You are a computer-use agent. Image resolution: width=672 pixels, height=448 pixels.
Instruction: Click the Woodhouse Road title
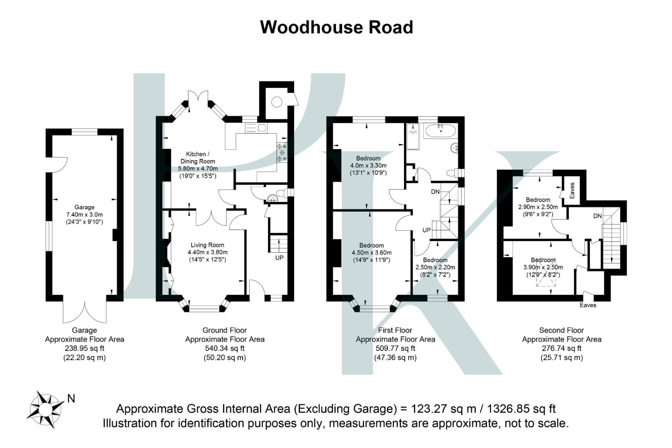pos(336,27)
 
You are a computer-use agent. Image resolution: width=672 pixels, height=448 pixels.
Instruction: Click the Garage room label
pos(84,207)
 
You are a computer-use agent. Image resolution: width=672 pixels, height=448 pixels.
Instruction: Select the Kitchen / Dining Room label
pos(197,158)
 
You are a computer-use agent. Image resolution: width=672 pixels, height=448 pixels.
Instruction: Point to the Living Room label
pos(207,245)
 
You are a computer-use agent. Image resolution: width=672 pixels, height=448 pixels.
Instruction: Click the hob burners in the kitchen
pos(282,152)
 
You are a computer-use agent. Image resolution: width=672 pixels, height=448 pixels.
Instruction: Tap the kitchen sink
pos(261,128)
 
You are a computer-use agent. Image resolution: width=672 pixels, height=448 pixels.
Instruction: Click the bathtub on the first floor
pos(440,132)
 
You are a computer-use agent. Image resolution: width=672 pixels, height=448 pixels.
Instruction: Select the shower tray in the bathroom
pos(413,136)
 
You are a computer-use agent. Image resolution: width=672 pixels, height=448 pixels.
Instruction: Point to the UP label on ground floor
pos(280,258)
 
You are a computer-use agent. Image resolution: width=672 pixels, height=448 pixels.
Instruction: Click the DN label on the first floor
pos(435,192)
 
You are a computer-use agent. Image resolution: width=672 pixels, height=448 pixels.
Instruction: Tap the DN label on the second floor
pos(597,216)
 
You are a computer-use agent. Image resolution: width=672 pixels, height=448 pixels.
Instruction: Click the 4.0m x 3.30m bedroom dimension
pos(368,166)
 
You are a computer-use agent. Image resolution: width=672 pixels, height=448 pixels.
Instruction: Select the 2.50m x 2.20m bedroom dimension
pos(435,268)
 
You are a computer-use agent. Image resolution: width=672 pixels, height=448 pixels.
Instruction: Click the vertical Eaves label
pos(572,190)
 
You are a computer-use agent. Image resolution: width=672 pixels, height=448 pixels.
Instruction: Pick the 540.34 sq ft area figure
pos(224,348)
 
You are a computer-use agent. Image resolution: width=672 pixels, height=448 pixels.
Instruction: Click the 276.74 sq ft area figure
pos(562,348)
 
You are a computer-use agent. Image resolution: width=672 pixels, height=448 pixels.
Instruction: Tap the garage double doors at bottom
pos(85,312)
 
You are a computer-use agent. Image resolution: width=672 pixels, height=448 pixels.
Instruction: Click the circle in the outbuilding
pos(277,102)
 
